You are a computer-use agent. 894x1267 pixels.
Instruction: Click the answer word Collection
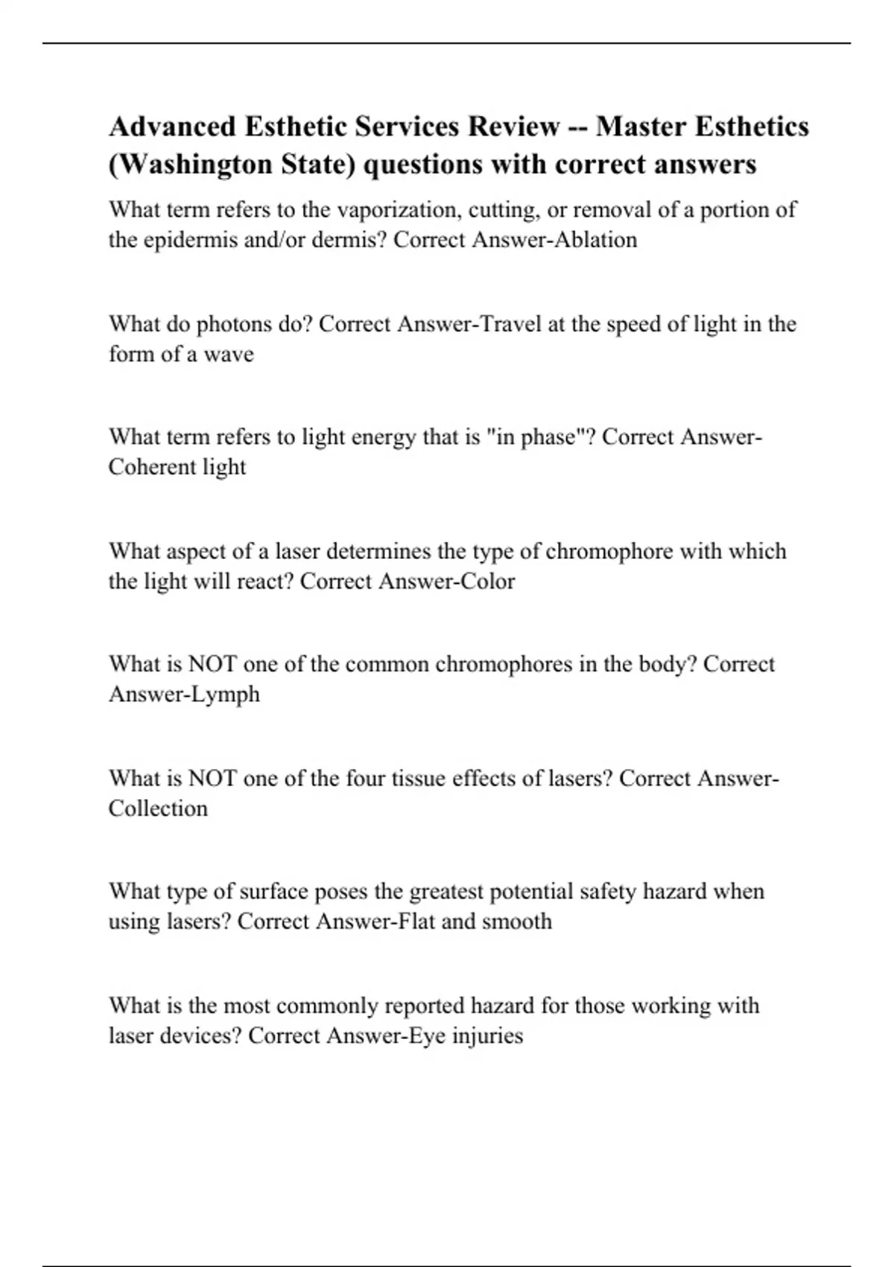coord(158,809)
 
